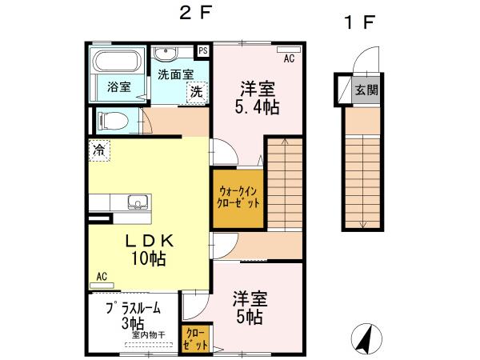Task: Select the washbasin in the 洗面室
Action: tap(166, 54)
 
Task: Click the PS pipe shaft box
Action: tap(203, 50)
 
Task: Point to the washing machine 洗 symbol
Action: tap(195, 92)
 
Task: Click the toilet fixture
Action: tap(110, 121)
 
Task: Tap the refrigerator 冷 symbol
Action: tap(99, 150)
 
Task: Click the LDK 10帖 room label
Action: tap(148, 249)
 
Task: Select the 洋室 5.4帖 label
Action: tap(257, 98)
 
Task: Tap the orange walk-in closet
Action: tap(238, 198)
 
